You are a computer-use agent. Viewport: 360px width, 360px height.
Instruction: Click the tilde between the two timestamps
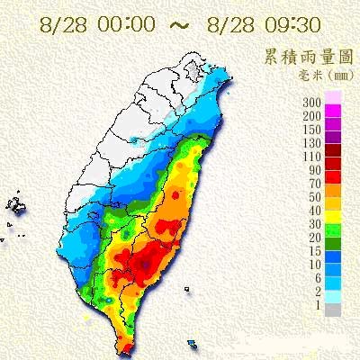click(178, 22)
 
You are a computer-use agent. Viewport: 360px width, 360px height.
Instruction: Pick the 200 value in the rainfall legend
click(312, 116)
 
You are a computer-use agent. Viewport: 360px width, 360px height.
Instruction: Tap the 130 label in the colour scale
click(312, 141)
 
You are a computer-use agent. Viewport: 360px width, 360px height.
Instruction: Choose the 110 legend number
click(312, 155)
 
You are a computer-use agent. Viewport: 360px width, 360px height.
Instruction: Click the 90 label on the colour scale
click(315, 168)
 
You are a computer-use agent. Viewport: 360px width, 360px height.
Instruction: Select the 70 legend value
click(315, 182)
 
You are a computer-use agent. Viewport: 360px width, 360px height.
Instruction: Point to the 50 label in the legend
click(315, 195)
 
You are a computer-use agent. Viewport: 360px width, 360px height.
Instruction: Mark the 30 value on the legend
click(315, 222)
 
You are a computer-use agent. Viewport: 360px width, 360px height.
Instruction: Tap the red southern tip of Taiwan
click(126, 345)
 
